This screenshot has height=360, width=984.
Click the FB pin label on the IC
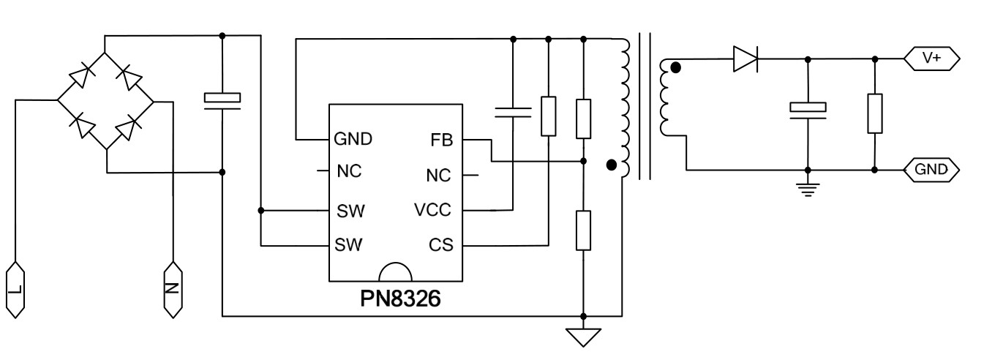pyautogui.click(x=443, y=139)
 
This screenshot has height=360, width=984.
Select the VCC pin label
pyautogui.click(x=432, y=211)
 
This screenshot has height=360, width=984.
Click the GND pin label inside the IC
pyautogui.click(x=353, y=138)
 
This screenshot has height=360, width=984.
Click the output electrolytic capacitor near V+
pyautogui.click(x=808, y=108)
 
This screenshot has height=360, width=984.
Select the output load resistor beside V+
pyautogui.click(x=875, y=113)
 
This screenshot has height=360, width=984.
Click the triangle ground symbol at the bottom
pyautogui.click(x=583, y=337)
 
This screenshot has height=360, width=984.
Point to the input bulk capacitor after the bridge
pyautogui.click(x=222, y=98)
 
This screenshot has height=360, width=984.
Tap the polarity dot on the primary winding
pyautogui.click(x=612, y=165)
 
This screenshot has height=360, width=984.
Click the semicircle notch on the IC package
pyautogui.click(x=396, y=272)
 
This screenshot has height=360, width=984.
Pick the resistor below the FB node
pyautogui.click(x=583, y=230)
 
